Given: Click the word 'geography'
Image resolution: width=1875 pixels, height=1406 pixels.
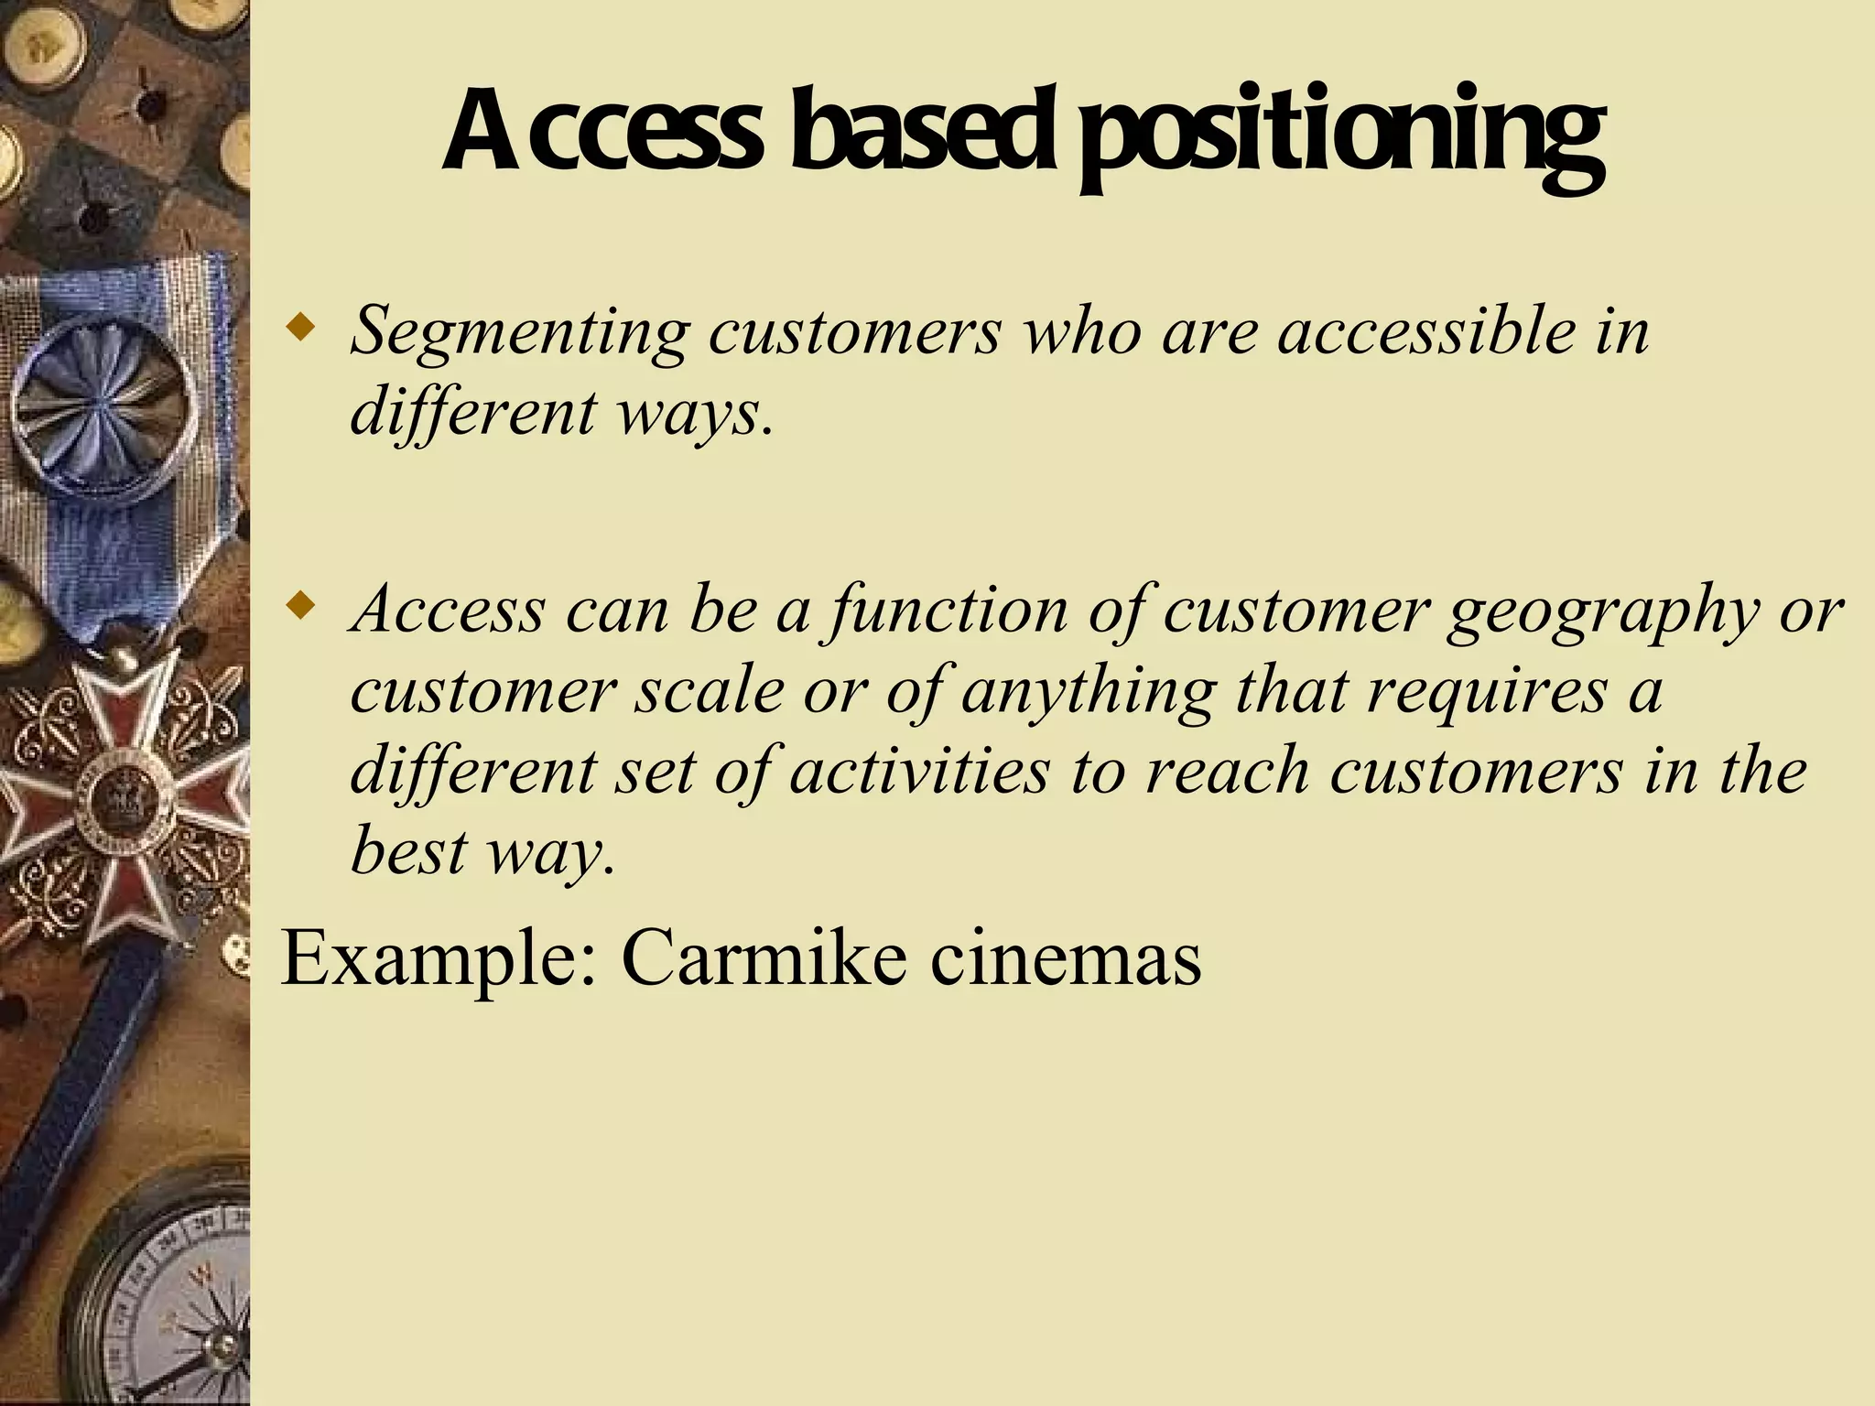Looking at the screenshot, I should (x=1603, y=611).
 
